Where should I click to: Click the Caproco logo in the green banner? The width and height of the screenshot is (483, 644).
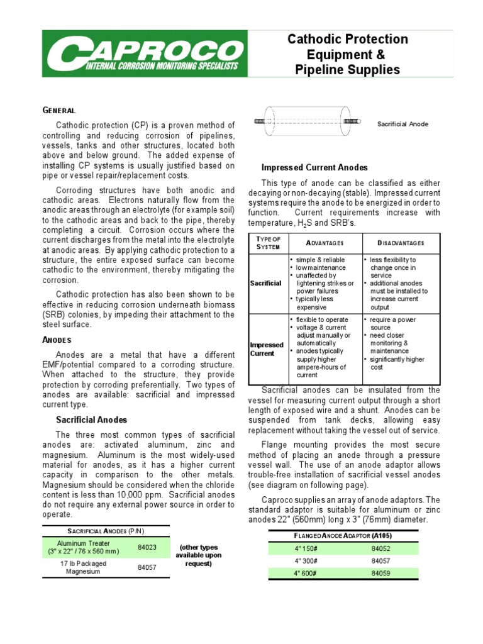click(x=143, y=55)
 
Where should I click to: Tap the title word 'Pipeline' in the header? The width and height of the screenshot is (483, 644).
click(x=321, y=70)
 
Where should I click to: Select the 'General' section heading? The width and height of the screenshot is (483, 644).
click(x=59, y=110)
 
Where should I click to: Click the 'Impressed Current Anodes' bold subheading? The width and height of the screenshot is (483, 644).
click(x=314, y=167)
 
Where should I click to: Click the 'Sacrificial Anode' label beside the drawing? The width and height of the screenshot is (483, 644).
click(x=402, y=124)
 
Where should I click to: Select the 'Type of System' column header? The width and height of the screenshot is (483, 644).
click(x=269, y=243)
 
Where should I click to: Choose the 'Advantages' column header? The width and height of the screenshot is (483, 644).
click(x=325, y=243)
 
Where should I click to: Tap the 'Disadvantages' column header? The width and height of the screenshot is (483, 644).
click(x=401, y=243)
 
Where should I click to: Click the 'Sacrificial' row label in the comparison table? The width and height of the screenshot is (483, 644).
click(x=266, y=283)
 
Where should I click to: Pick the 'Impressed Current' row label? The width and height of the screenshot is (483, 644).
click(x=267, y=349)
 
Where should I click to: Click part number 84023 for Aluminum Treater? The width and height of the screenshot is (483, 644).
click(x=147, y=547)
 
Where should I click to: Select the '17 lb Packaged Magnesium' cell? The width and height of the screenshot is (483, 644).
click(x=84, y=568)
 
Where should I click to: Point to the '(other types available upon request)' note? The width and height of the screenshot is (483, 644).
click(x=199, y=555)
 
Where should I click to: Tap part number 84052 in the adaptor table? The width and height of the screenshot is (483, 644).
click(x=380, y=548)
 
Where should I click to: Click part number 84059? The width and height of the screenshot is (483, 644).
click(x=380, y=573)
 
